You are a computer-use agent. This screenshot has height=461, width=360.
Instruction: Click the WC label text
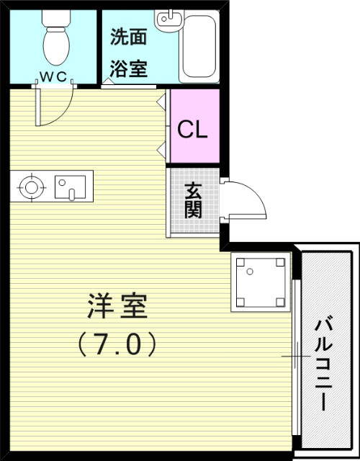(54, 75)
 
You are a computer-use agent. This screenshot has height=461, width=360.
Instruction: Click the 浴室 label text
(128, 68)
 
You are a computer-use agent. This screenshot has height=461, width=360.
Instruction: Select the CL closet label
(193, 130)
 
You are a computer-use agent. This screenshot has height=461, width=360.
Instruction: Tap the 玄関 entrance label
(193, 202)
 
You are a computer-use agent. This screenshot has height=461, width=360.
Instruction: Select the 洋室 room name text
(117, 308)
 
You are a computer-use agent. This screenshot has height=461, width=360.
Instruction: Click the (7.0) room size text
(117, 345)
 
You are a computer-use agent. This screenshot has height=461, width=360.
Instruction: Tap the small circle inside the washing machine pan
(251, 272)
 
